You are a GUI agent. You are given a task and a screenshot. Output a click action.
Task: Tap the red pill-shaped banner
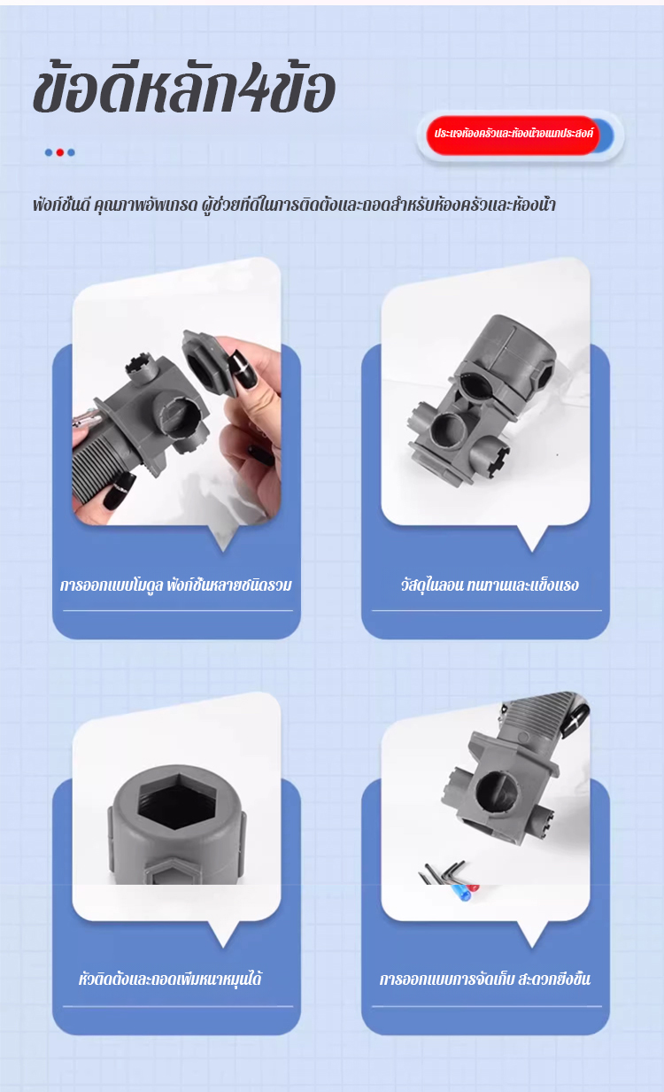pyautogui.click(x=513, y=135)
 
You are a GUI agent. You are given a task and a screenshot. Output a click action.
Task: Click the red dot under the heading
pyautogui.click(x=60, y=152)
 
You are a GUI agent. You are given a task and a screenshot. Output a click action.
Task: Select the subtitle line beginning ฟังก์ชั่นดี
pyautogui.click(x=294, y=205)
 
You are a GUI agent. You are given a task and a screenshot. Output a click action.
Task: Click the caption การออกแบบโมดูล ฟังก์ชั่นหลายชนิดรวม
pyautogui.click(x=176, y=585)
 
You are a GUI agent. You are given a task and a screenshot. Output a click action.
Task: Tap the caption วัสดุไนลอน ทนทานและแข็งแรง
pyautogui.click(x=490, y=585)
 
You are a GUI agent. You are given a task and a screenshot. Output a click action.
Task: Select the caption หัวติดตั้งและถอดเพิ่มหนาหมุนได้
pyautogui.click(x=170, y=979)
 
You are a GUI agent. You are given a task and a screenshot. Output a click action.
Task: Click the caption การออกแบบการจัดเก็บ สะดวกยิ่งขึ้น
pyautogui.click(x=485, y=979)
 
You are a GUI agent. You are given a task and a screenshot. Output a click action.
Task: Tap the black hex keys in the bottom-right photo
pyautogui.click(x=444, y=871)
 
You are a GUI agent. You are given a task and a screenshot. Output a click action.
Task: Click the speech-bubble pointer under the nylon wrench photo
pyautogui.click(x=532, y=538)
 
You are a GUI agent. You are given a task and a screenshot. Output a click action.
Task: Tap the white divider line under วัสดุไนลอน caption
pyautogui.click(x=487, y=610)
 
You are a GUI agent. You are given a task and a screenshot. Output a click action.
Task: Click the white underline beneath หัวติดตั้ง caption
pyautogui.click(x=178, y=1006)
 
